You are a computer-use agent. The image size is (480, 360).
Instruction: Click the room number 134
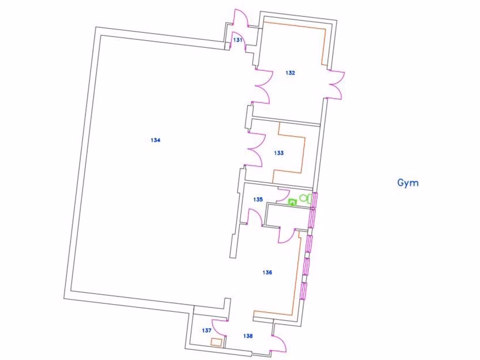click(x=156, y=140)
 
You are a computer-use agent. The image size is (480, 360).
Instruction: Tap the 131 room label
click(x=238, y=40)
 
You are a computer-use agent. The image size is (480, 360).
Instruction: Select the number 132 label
click(x=291, y=73)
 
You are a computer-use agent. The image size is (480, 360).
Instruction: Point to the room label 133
click(x=279, y=153)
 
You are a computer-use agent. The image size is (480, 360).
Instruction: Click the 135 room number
click(x=258, y=199)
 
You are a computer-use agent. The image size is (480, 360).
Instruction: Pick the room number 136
click(x=267, y=272)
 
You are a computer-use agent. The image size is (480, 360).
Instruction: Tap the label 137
click(x=207, y=330)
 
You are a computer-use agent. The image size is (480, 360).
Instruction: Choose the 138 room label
click(x=248, y=336)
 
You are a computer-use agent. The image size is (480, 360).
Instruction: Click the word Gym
click(x=408, y=183)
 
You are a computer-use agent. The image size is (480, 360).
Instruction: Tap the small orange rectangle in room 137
click(x=216, y=342)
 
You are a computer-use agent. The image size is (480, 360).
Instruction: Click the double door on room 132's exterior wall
click(x=336, y=85)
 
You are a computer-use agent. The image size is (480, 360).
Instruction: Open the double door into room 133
click(x=256, y=150)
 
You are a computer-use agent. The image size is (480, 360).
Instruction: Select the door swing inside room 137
click(x=218, y=327)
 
